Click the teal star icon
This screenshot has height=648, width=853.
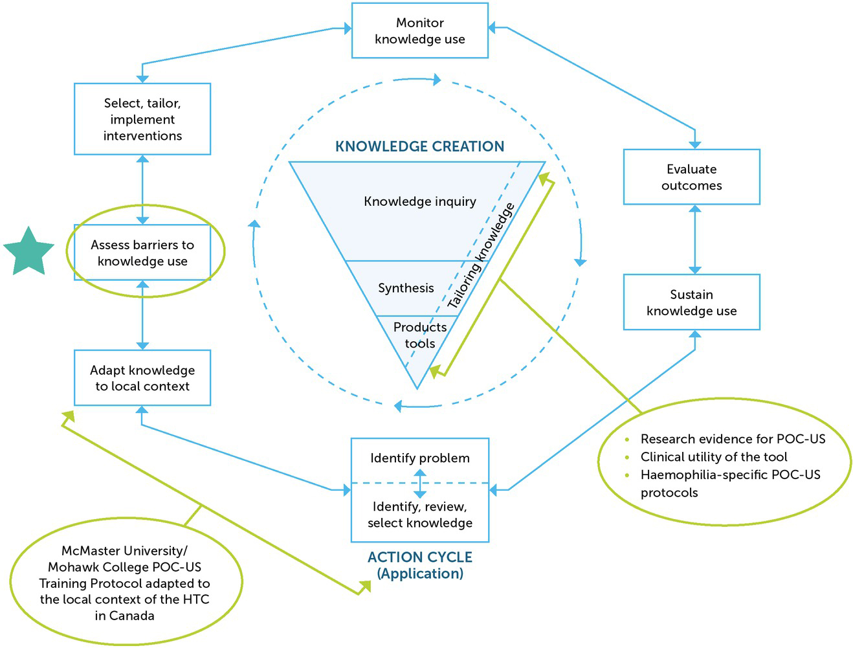tap(28, 252)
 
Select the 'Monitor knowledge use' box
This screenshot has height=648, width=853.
tap(419, 31)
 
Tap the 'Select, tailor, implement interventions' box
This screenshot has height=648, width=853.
tap(142, 119)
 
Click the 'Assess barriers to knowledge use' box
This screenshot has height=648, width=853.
tap(142, 253)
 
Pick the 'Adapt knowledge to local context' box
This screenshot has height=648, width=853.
tap(142, 378)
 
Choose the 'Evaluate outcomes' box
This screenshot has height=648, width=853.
tap(691, 177)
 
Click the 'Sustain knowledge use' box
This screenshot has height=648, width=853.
tap(691, 302)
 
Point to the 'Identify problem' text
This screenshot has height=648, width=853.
tap(419, 458)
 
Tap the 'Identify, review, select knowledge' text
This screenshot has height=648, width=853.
tap(419, 515)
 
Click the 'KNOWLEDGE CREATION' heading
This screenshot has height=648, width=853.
tap(419, 146)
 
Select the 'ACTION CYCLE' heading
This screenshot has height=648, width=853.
tap(419, 557)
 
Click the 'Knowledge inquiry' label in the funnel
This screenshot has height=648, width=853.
tap(419, 201)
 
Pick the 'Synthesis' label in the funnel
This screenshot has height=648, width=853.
tap(406, 288)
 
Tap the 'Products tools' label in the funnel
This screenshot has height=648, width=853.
tap(419, 335)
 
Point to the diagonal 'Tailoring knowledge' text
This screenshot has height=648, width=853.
tap(482, 256)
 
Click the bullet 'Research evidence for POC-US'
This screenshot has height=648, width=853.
tap(733, 439)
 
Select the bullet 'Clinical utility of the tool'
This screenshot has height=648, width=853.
tap(713, 457)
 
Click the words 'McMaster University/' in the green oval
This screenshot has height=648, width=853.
tap(124, 551)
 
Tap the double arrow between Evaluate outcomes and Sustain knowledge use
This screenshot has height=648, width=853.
tap(694, 240)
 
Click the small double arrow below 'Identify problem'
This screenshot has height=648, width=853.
tap(420, 484)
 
